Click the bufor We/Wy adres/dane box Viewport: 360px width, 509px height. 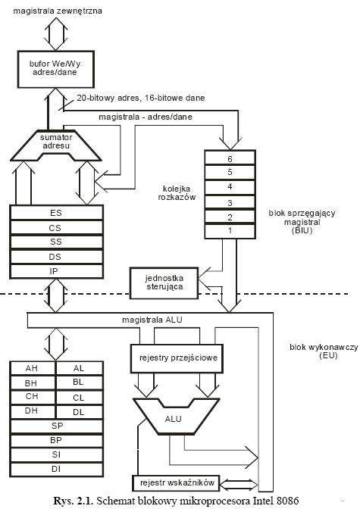tap(56, 69)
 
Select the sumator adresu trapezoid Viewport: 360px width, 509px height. tap(56, 145)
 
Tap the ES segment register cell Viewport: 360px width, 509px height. tap(57, 213)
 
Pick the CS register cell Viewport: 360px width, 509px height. tap(57, 228)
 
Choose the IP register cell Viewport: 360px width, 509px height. tap(57, 271)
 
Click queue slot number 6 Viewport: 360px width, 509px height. tap(230, 158)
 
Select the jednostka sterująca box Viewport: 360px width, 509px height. tap(164, 283)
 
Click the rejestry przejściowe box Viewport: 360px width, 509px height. tap(177, 358)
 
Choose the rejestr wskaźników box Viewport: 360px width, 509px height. tap(176, 483)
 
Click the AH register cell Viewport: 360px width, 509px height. tap(33, 368)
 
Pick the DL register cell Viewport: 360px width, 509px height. tap(80, 412)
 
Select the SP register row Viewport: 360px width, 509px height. tap(57, 426)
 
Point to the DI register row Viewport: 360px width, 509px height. tap(57, 470)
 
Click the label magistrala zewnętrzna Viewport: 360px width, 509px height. tap(58, 11)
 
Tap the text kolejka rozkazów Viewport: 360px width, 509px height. tap(177, 193)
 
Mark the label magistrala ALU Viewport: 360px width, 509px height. tap(152, 320)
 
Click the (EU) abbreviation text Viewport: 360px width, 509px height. tap(328, 355)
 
